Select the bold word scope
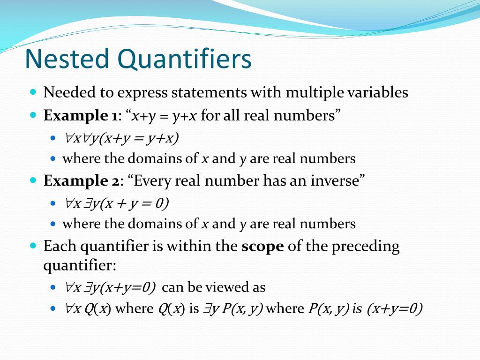tap(262, 247)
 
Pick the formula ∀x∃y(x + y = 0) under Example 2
tap(117, 203)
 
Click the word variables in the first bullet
tap(377, 92)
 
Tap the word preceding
tap(366, 247)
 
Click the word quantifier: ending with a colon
tap(79, 266)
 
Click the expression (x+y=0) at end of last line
tap(395, 309)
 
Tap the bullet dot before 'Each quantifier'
tap(33, 245)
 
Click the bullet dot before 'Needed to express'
tap(33, 91)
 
